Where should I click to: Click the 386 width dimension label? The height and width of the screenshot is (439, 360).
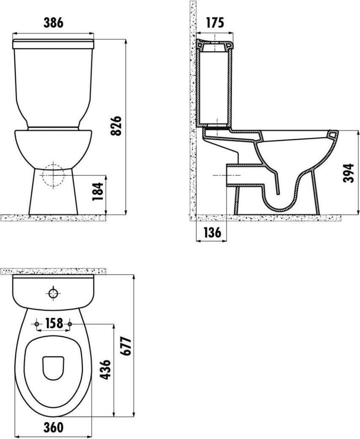(x=53, y=23)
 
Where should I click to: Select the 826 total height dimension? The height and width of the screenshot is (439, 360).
(x=116, y=126)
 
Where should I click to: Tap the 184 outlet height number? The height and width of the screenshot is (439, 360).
(x=98, y=191)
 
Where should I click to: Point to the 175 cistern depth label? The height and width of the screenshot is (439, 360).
(x=215, y=23)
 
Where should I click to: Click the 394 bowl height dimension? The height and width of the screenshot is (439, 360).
(x=349, y=173)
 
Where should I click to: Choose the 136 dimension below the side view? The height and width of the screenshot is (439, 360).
(x=212, y=232)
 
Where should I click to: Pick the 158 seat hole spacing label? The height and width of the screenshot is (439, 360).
(x=53, y=323)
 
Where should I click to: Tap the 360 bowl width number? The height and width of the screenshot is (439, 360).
(x=53, y=427)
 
